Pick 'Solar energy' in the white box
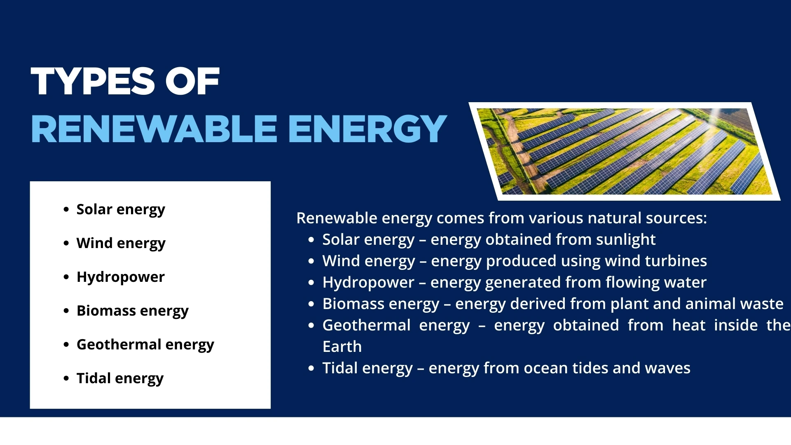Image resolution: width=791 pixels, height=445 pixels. [121, 210]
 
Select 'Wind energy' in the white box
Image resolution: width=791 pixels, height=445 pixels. [121, 244]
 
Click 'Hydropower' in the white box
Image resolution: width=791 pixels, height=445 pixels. [121, 277]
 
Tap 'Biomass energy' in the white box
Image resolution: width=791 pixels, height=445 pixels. [132, 311]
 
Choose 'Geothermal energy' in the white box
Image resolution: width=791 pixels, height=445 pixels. [145, 344]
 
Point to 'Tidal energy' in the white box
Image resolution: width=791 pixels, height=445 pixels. [120, 378]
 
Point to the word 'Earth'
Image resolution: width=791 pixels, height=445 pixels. [342, 347]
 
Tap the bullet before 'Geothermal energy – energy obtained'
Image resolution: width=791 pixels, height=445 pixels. [311, 326]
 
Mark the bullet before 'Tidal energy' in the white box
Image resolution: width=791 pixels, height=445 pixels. [66, 378]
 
